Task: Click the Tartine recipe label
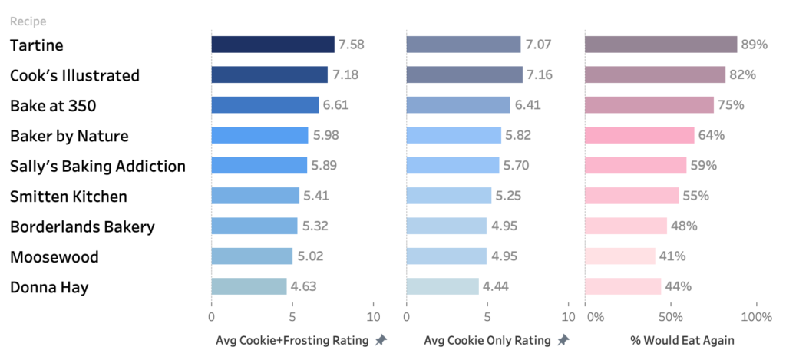coord(36,45)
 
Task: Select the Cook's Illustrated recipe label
coord(74,75)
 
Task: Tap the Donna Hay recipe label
coord(49,287)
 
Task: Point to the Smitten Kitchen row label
coord(68,197)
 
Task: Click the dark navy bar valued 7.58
coord(272,45)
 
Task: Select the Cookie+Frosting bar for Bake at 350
coord(265,105)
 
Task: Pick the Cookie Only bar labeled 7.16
coord(464,74)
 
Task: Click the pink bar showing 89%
coord(661,45)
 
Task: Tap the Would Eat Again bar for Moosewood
coord(620,256)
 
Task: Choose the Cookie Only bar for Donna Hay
coord(442,286)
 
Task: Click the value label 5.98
coord(325,136)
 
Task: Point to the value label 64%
coord(712,136)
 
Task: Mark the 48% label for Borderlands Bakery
coord(684,226)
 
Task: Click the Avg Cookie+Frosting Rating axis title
coord(292,340)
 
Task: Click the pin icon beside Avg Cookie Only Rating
coord(563,340)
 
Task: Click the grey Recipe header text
coord(28,21)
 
